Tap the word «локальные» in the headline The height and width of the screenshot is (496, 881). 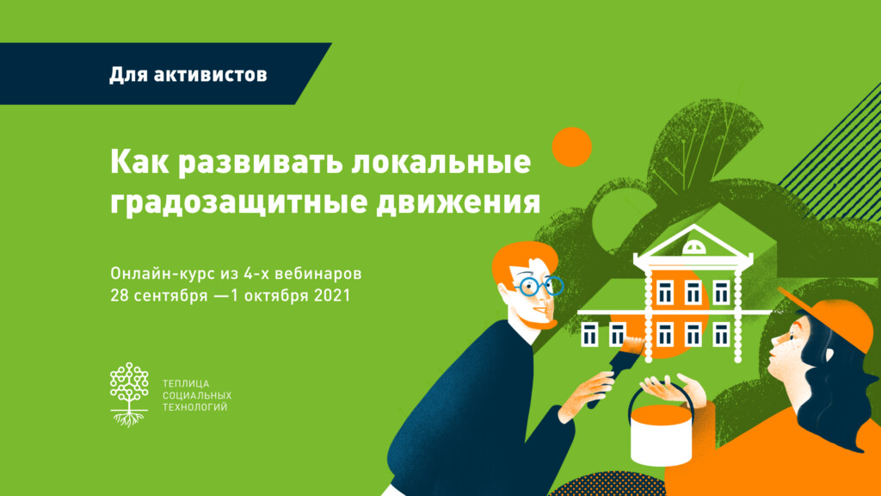click(441, 161)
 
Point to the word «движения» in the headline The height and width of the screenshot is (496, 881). click(458, 202)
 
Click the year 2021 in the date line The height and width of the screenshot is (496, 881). click(332, 295)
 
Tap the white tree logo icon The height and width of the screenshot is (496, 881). click(129, 394)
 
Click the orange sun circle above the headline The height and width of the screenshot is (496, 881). click(572, 147)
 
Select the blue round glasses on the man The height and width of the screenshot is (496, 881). click(539, 286)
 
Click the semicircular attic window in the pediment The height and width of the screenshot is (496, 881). click(694, 247)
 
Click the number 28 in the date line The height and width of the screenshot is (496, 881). click(120, 295)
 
